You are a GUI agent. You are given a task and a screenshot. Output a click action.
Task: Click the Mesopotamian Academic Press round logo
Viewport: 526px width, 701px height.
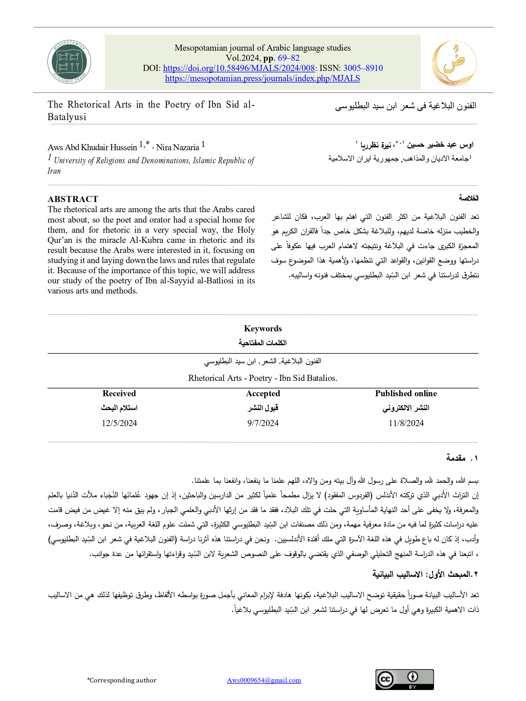pyautogui.click(x=69, y=62)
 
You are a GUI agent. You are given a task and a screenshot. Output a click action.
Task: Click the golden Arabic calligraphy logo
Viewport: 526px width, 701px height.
pyautogui.click(x=454, y=63)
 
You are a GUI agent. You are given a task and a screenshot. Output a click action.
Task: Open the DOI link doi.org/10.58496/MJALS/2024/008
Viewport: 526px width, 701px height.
pyautogui.click(x=239, y=68)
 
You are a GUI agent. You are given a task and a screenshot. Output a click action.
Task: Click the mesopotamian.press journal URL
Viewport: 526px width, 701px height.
pyautogui.click(x=262, y=78)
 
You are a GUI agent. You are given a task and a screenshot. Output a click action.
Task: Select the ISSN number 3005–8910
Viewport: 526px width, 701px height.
pyautogui.click(x=363, y=68)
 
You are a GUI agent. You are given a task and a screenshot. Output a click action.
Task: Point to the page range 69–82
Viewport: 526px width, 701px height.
pyautogui.click(x=288, y=58)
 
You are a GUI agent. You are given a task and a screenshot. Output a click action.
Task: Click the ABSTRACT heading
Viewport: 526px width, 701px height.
pyautogui.click(x=73, y=199)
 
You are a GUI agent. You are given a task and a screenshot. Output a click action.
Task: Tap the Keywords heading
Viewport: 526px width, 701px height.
pyautogui.click(x=263, y=329)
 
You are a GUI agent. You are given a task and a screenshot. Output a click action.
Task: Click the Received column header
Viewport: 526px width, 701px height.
pyautogui.click(x=119, y=393)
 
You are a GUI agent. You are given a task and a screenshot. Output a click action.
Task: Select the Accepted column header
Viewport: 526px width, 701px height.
pyautogui.click(x=263, y=393)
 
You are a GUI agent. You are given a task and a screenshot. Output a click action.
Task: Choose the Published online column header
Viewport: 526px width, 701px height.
pyautogui.click(x=406, y=393)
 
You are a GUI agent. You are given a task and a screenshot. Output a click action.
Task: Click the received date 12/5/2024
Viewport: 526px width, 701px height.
pyautogui.click(x=119, y=423)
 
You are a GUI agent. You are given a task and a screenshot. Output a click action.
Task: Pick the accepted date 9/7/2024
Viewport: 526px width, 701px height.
pyautogui.click(x=263, y=423)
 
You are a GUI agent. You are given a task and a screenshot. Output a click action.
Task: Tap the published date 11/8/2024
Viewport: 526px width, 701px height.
pyautogui.click(x=406, y=423)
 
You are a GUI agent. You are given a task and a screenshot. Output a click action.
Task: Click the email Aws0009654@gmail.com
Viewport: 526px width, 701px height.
pyautogui.click(x=264, y=680)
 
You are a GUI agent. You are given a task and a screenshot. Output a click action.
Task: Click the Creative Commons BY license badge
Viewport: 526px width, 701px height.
pyautogui.click(x=404, y=680)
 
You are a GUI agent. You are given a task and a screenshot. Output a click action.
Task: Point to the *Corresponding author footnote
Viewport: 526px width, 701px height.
pyautogui.click(x=122, y=680)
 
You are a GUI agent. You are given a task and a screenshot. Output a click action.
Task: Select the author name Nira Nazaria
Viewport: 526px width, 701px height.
pyautogui.click(x=177, y=147)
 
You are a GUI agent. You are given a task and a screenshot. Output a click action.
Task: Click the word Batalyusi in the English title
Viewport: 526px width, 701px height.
pyautogui.click(x=67, y=117)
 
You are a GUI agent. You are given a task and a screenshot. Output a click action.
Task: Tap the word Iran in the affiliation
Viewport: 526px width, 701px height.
pyautogui.click(x=54, y=171)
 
